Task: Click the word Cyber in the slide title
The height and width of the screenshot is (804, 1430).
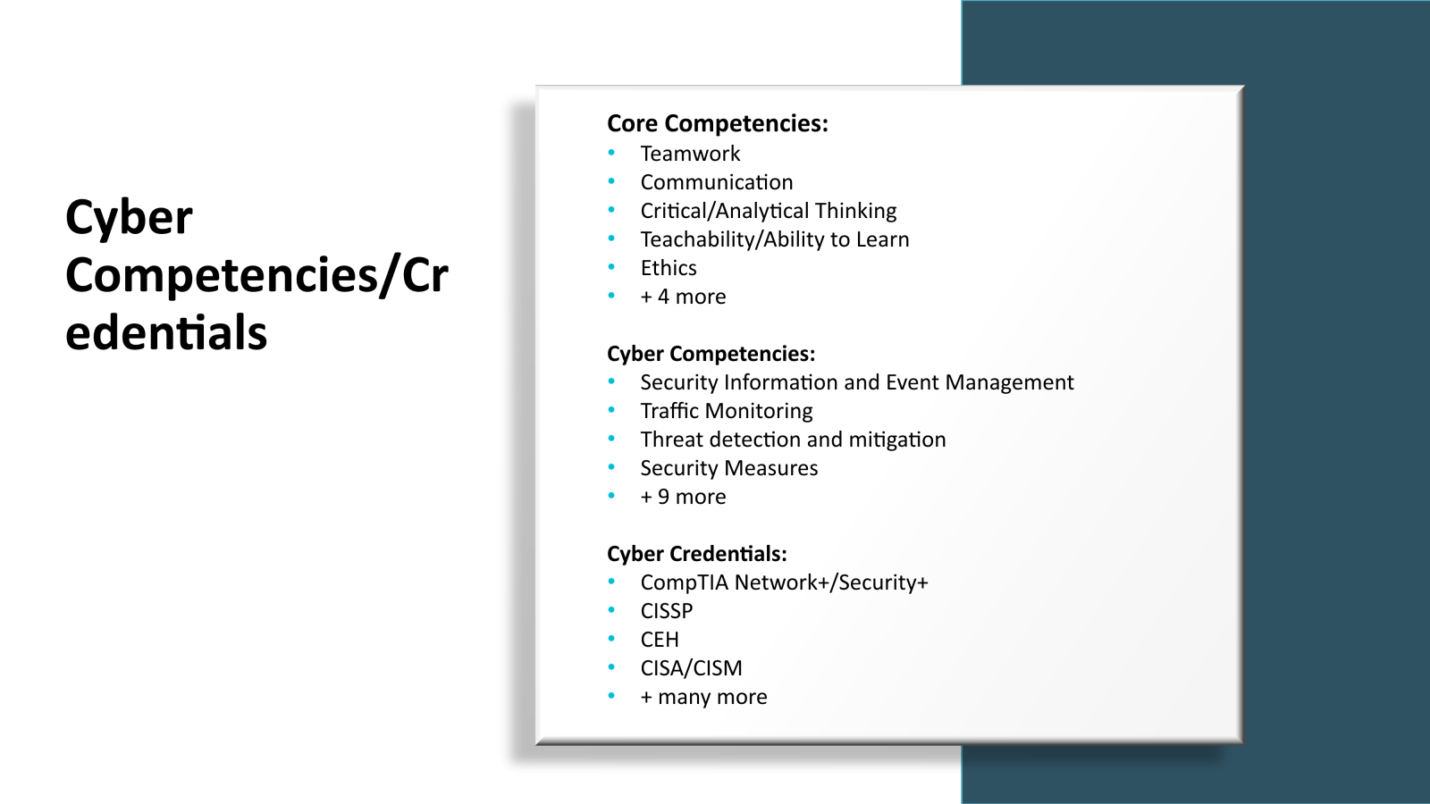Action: (129, 218)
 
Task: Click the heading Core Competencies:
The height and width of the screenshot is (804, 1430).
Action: (717, 123)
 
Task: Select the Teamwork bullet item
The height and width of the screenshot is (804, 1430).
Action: (690, 154)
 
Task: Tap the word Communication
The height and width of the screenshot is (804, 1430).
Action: (716, 182)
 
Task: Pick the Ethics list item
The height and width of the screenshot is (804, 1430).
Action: (668, 268)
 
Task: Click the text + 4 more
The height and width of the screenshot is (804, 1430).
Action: (683, 297)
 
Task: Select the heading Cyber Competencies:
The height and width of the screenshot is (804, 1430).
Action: (711, 354)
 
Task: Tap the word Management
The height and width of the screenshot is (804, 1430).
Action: (1009, 382)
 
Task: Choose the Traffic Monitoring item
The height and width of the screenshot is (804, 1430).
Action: (726, 411)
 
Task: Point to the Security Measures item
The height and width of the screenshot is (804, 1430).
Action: (728, 468)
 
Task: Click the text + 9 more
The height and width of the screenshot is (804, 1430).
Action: (683, 497)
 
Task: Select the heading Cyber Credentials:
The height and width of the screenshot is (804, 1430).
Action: (696, 554)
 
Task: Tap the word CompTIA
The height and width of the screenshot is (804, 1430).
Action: (684, 582)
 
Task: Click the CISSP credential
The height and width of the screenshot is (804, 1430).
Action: (666, 611)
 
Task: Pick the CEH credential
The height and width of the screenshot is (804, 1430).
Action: (660, 640)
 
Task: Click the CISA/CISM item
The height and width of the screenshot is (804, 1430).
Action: (691, 668)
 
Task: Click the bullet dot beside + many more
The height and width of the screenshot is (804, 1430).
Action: (611, 695)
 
